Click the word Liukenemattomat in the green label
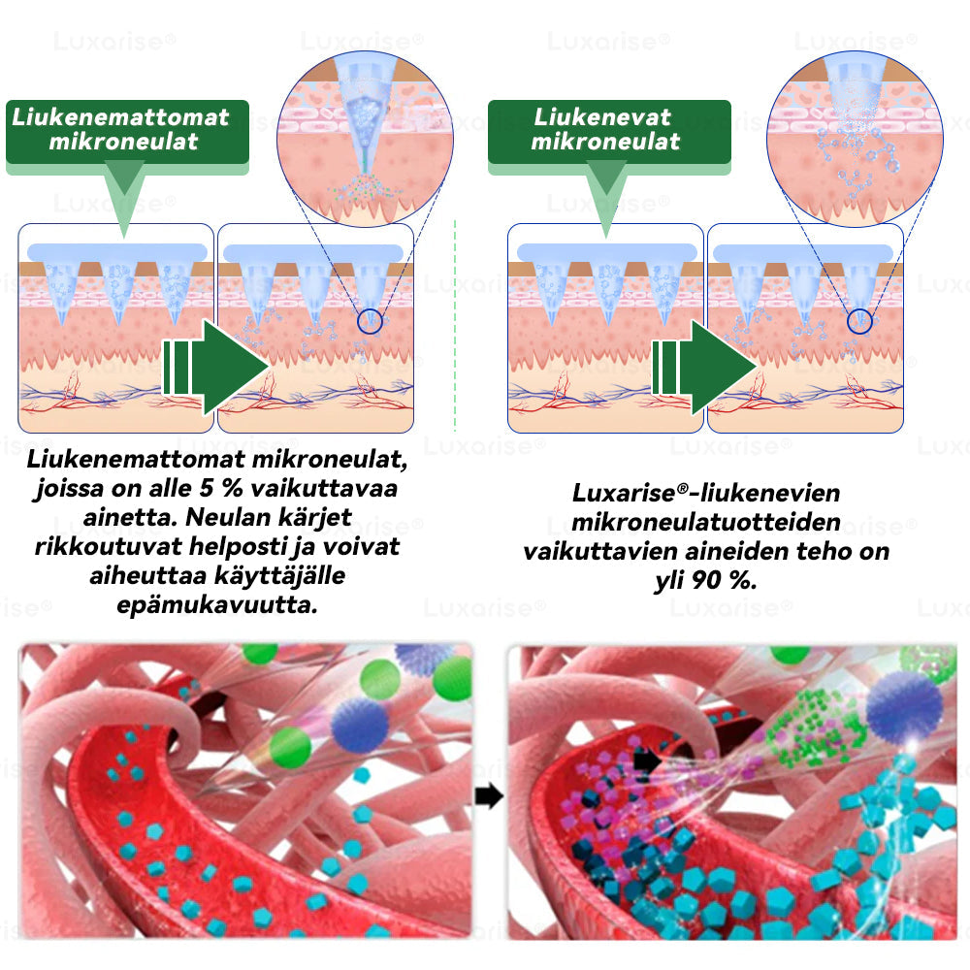point(120,117)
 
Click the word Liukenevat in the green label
point(602,117)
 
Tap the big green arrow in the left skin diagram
point(216,368)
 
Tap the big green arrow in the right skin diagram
point(704,368)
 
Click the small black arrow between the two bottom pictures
point(489,796)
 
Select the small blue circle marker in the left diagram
point(370,321)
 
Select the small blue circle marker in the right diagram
point(859,321)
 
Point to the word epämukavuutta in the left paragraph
point(217,605)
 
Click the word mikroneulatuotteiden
point(706,522)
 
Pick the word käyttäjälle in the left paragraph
point(279,576)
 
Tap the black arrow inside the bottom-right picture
point(647,760)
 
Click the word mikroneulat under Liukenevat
point(605,142)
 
